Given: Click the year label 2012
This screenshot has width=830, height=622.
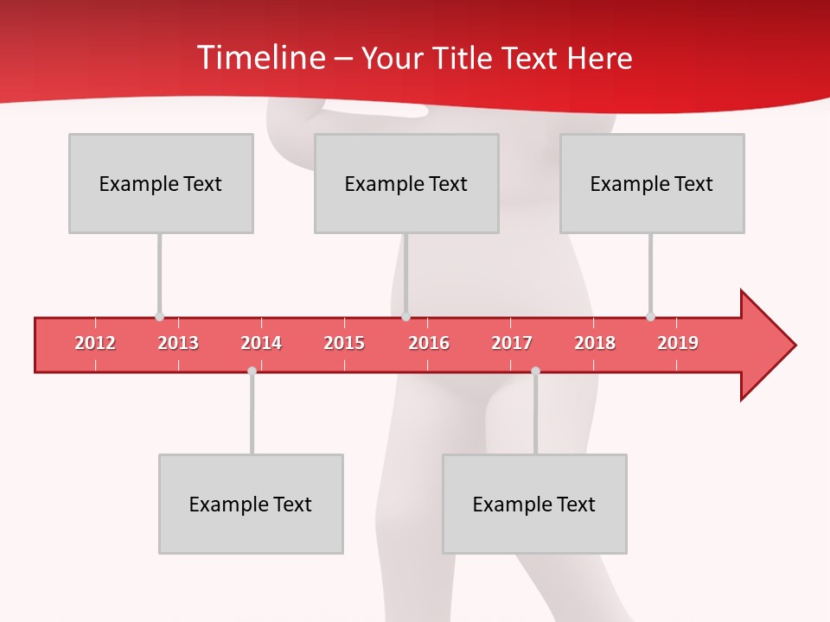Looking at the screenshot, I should point(95,343).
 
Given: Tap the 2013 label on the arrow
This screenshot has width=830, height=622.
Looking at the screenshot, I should point(178,343).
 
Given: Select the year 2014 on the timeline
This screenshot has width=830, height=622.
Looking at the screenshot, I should point(261,343).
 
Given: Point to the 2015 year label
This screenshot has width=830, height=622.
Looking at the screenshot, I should point(344,343).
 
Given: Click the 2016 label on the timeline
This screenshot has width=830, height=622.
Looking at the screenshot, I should point(429,343).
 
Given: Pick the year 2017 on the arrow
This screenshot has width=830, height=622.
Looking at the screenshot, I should point(512,343).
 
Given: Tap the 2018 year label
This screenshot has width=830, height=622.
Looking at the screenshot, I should point(595,343).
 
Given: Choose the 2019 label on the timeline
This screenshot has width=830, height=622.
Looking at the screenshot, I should point(678,343).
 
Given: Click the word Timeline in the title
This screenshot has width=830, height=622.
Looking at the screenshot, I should point(260,58).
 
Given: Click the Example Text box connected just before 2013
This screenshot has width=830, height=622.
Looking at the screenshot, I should point(161,183).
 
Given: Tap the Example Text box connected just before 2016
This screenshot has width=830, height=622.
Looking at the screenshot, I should point(406,183).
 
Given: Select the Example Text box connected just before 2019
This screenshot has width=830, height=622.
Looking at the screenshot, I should point(652,183).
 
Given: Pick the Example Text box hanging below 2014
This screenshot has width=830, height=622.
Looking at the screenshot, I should point(251,504).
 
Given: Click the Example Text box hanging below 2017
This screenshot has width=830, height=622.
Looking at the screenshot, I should point(534,504).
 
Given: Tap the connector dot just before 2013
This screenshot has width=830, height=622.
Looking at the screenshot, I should point(159,317).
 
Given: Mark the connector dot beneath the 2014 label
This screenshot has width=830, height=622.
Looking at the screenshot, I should point(252,371).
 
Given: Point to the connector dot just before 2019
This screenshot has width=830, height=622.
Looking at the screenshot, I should point(650,317).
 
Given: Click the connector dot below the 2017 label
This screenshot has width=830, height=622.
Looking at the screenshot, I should point(535,371).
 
